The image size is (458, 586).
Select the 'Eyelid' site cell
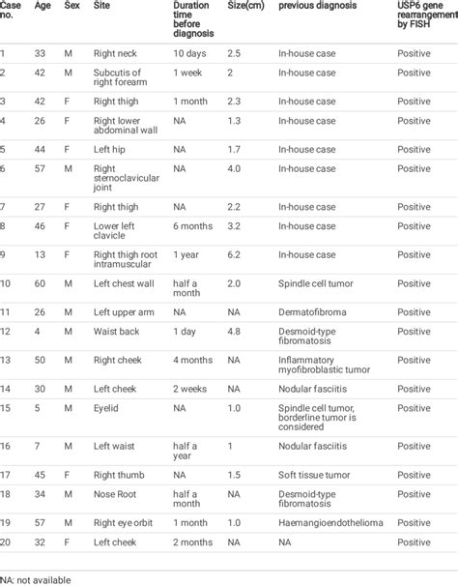click(x=106, y=408)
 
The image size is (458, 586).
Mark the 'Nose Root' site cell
click(x=116, y=499)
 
